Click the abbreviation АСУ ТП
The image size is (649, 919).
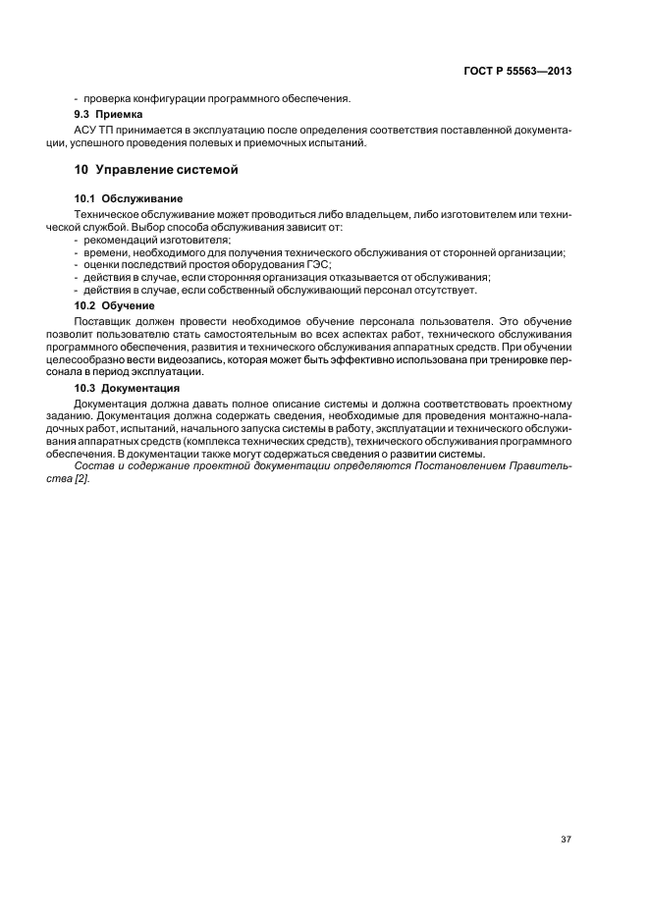[x=94, y=129]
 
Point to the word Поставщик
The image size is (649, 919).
[x=104, y=320]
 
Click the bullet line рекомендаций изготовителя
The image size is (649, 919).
[x=157, y=240]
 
